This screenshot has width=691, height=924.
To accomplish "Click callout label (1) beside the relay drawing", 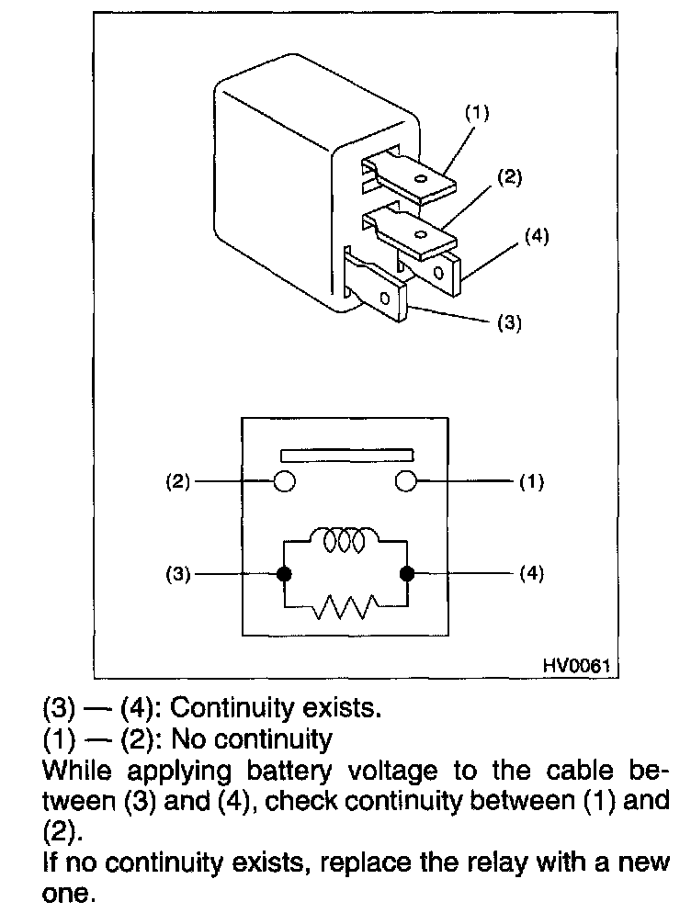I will coord(477,114).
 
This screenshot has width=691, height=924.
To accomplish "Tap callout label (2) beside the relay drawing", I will coord(511,177).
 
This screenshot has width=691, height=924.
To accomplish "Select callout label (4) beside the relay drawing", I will coord(537,235).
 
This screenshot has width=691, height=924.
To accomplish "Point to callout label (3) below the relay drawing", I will coord(508,323).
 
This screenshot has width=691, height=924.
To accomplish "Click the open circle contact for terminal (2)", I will coord(285,481).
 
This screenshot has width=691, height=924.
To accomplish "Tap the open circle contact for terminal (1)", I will coord(405,481).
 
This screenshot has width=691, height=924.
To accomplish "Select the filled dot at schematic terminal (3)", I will coord(284,574).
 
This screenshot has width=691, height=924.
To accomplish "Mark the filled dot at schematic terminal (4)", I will coord(407,574).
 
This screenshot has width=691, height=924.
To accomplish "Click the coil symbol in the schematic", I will coord(345,539).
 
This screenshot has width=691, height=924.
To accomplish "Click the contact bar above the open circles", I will coord(345,455).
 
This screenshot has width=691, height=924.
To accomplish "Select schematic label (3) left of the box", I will coord(178,575).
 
